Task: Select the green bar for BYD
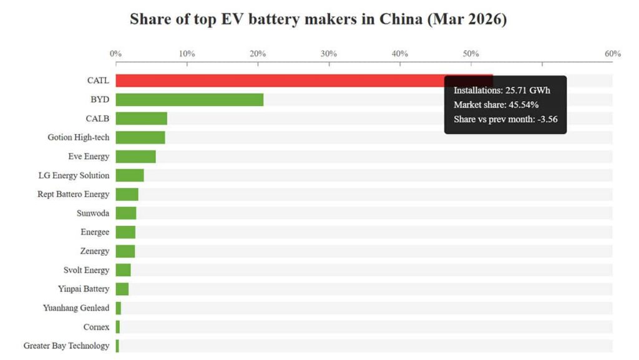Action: coord(189,99)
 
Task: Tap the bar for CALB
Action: coord(141,119)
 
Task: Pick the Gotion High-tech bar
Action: coord(140,137)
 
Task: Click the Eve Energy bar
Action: coord(135,157)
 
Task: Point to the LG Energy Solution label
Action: coord(74,175)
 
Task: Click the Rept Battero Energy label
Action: coord(73,194)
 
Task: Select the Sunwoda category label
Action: coord(92,213)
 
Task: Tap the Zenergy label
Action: coord(94,251)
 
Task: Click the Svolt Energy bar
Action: coord(123,270)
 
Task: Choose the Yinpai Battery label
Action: coord(83,289)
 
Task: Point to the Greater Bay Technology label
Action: coord(66,346)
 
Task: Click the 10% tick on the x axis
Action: coord(187,54)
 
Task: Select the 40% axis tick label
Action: coord(400,54)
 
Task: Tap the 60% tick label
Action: coord(612,54)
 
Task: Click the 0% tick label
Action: coord(115,54)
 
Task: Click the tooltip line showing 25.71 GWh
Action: coord(502,90)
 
